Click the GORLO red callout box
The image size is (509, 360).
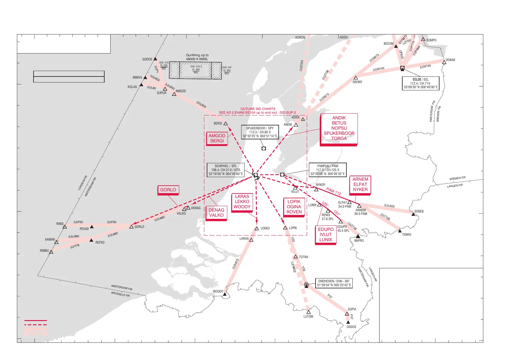click(x=168, y=190)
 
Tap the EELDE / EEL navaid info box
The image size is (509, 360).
click(x=420, y=83)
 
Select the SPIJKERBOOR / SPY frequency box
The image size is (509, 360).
click(x=260, y=132)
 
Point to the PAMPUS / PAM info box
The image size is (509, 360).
click(x=327, y=170)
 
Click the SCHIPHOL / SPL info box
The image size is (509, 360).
click(x=225, y=170)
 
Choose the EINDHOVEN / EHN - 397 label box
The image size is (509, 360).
click(x=334, y=283)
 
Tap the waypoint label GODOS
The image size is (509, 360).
click(x=147, y=59)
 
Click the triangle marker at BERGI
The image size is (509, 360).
click(x=225, y=124)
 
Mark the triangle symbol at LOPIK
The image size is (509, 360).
click(x=285, y=228)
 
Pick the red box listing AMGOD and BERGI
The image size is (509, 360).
click(x=217, y=138)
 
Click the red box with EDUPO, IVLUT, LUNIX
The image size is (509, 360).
click(x=326, y=235)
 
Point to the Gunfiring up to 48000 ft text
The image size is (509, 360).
click(x=197, y=57)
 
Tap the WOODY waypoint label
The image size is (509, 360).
click(x=218, y=292)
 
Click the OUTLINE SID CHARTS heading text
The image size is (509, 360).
click(x=258, y=109)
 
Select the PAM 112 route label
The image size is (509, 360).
click(x=334, y=191)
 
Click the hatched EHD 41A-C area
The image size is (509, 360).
click(x=195, y=70)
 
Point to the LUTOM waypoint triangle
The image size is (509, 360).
click(x=308, y=312)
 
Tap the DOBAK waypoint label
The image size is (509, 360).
click(x=450, y=60)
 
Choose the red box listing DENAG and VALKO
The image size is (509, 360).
click(x=216, y=212)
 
